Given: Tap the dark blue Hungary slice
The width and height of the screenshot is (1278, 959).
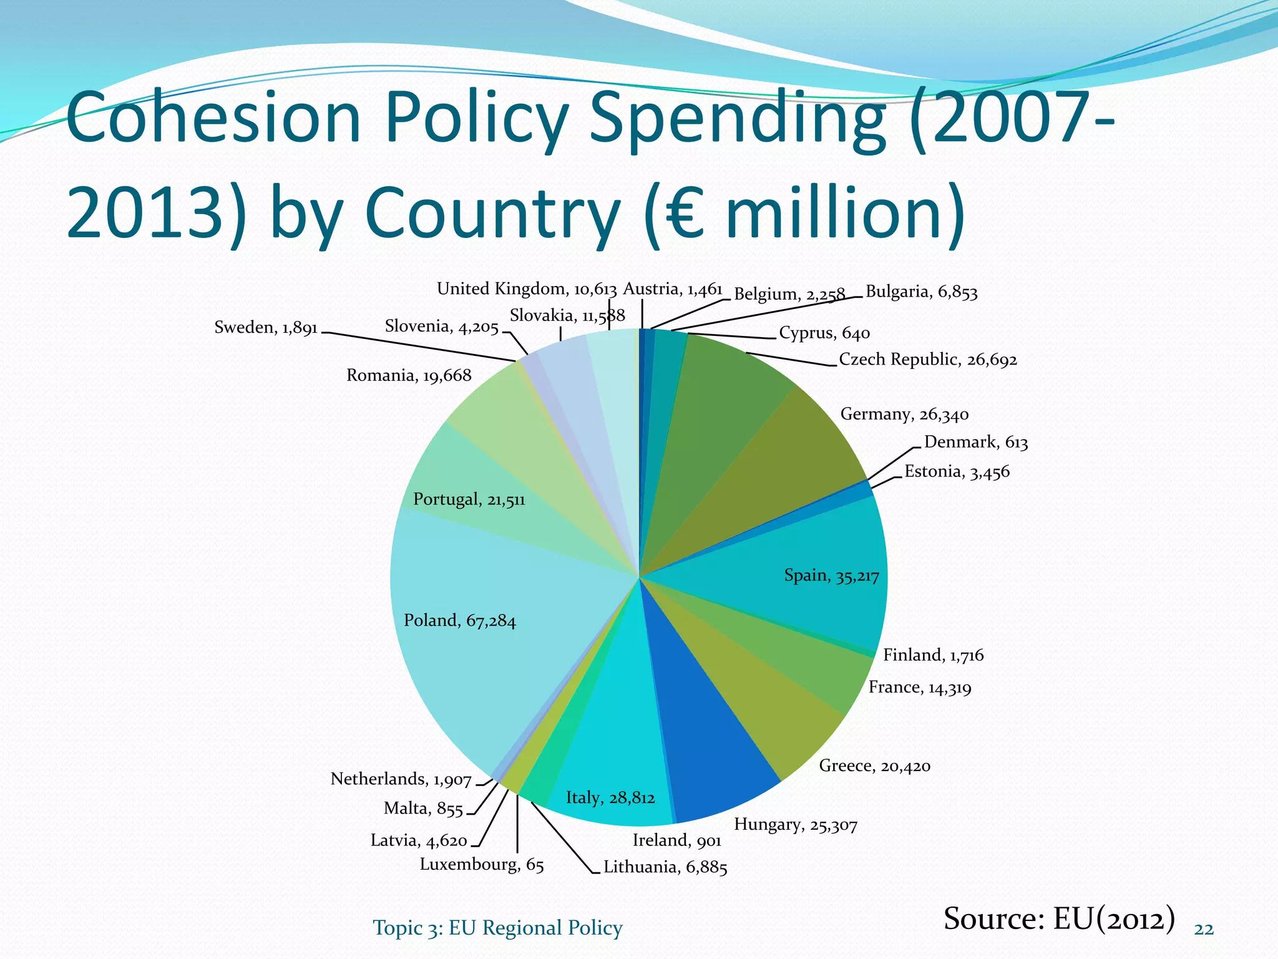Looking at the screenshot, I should click(x=711, y=743).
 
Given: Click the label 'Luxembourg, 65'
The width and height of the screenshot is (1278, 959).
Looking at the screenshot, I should click(x=482, y=865).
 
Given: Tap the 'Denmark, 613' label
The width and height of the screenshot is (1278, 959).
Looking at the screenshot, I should click(x=976, y=443).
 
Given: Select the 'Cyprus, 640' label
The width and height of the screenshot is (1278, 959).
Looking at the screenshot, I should click(x=824, y=333).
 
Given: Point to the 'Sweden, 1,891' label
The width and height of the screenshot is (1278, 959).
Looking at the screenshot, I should click(x=266, y=328).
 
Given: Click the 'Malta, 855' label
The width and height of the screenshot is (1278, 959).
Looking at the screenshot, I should click(x=423, y=809).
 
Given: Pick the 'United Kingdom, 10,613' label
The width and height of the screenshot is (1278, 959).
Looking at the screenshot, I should click(x=527, y=289).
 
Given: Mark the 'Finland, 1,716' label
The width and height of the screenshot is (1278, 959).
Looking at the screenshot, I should click(x=933, y=655).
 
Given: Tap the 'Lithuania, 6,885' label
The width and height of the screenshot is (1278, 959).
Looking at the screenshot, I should click(x=665, y=867).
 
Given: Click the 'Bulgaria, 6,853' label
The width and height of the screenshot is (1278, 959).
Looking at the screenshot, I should click(x=922, y=293).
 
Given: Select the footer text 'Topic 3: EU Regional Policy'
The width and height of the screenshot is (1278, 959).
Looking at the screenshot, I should click(x=497, y=928).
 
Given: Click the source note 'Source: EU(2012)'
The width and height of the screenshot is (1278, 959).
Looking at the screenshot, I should click(x=1059, y=918).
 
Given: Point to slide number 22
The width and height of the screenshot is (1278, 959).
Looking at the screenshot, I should click(x=1204, y=930).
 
